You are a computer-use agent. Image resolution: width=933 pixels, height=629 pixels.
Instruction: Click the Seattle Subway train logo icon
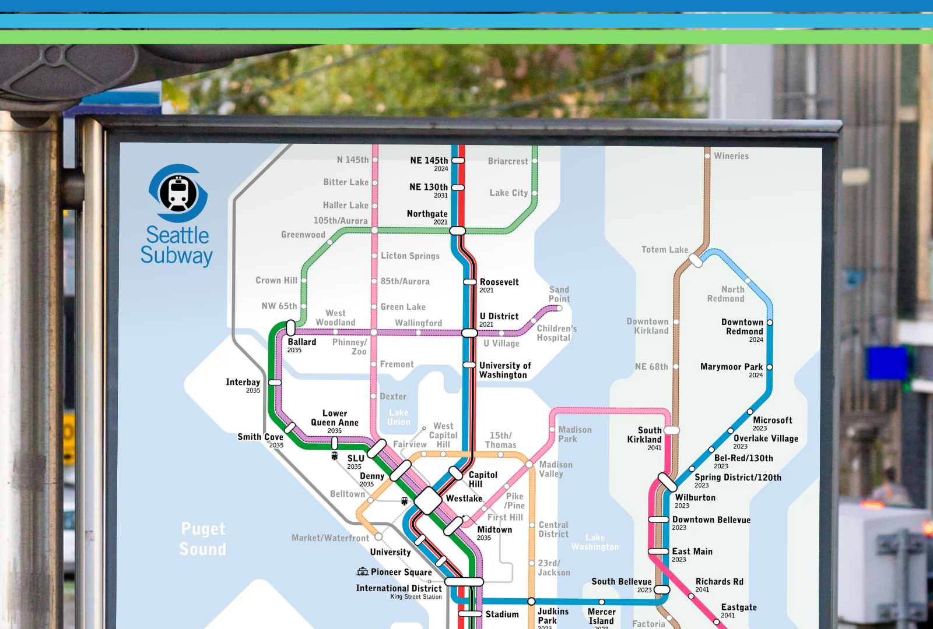[178, 193]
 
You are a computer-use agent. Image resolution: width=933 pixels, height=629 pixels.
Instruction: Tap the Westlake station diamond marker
[427, 500]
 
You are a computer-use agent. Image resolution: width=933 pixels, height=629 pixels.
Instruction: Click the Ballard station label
[301, 342]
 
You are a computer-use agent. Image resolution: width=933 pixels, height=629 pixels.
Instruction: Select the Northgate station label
[427, 214]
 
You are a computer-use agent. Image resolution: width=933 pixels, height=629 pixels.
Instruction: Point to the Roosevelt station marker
[470, 282]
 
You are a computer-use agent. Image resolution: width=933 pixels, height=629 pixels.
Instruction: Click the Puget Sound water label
[202, 539]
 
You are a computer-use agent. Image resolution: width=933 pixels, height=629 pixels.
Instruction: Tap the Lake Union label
[399, 417]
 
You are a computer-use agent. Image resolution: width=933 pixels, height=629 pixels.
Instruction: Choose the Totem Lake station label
[665, 250]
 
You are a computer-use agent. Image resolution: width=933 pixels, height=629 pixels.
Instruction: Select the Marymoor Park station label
[731, 367]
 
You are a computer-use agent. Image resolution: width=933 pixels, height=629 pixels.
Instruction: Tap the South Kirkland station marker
[672, 430]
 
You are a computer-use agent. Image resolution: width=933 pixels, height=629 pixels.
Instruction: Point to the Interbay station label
[243, 383]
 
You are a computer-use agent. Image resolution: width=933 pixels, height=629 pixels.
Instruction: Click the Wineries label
[731, 156]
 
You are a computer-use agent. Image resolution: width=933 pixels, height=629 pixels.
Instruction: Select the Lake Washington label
[595, 542]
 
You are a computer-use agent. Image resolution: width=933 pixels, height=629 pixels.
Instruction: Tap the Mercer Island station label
[601, 616]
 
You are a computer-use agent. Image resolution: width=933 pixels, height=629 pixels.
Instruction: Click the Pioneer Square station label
[401, 573]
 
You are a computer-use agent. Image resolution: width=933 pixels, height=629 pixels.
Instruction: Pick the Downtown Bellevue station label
[711, 520]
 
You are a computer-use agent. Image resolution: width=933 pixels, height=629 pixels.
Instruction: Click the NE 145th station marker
[458, 160]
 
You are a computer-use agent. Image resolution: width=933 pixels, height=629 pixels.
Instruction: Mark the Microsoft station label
[772, 420]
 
